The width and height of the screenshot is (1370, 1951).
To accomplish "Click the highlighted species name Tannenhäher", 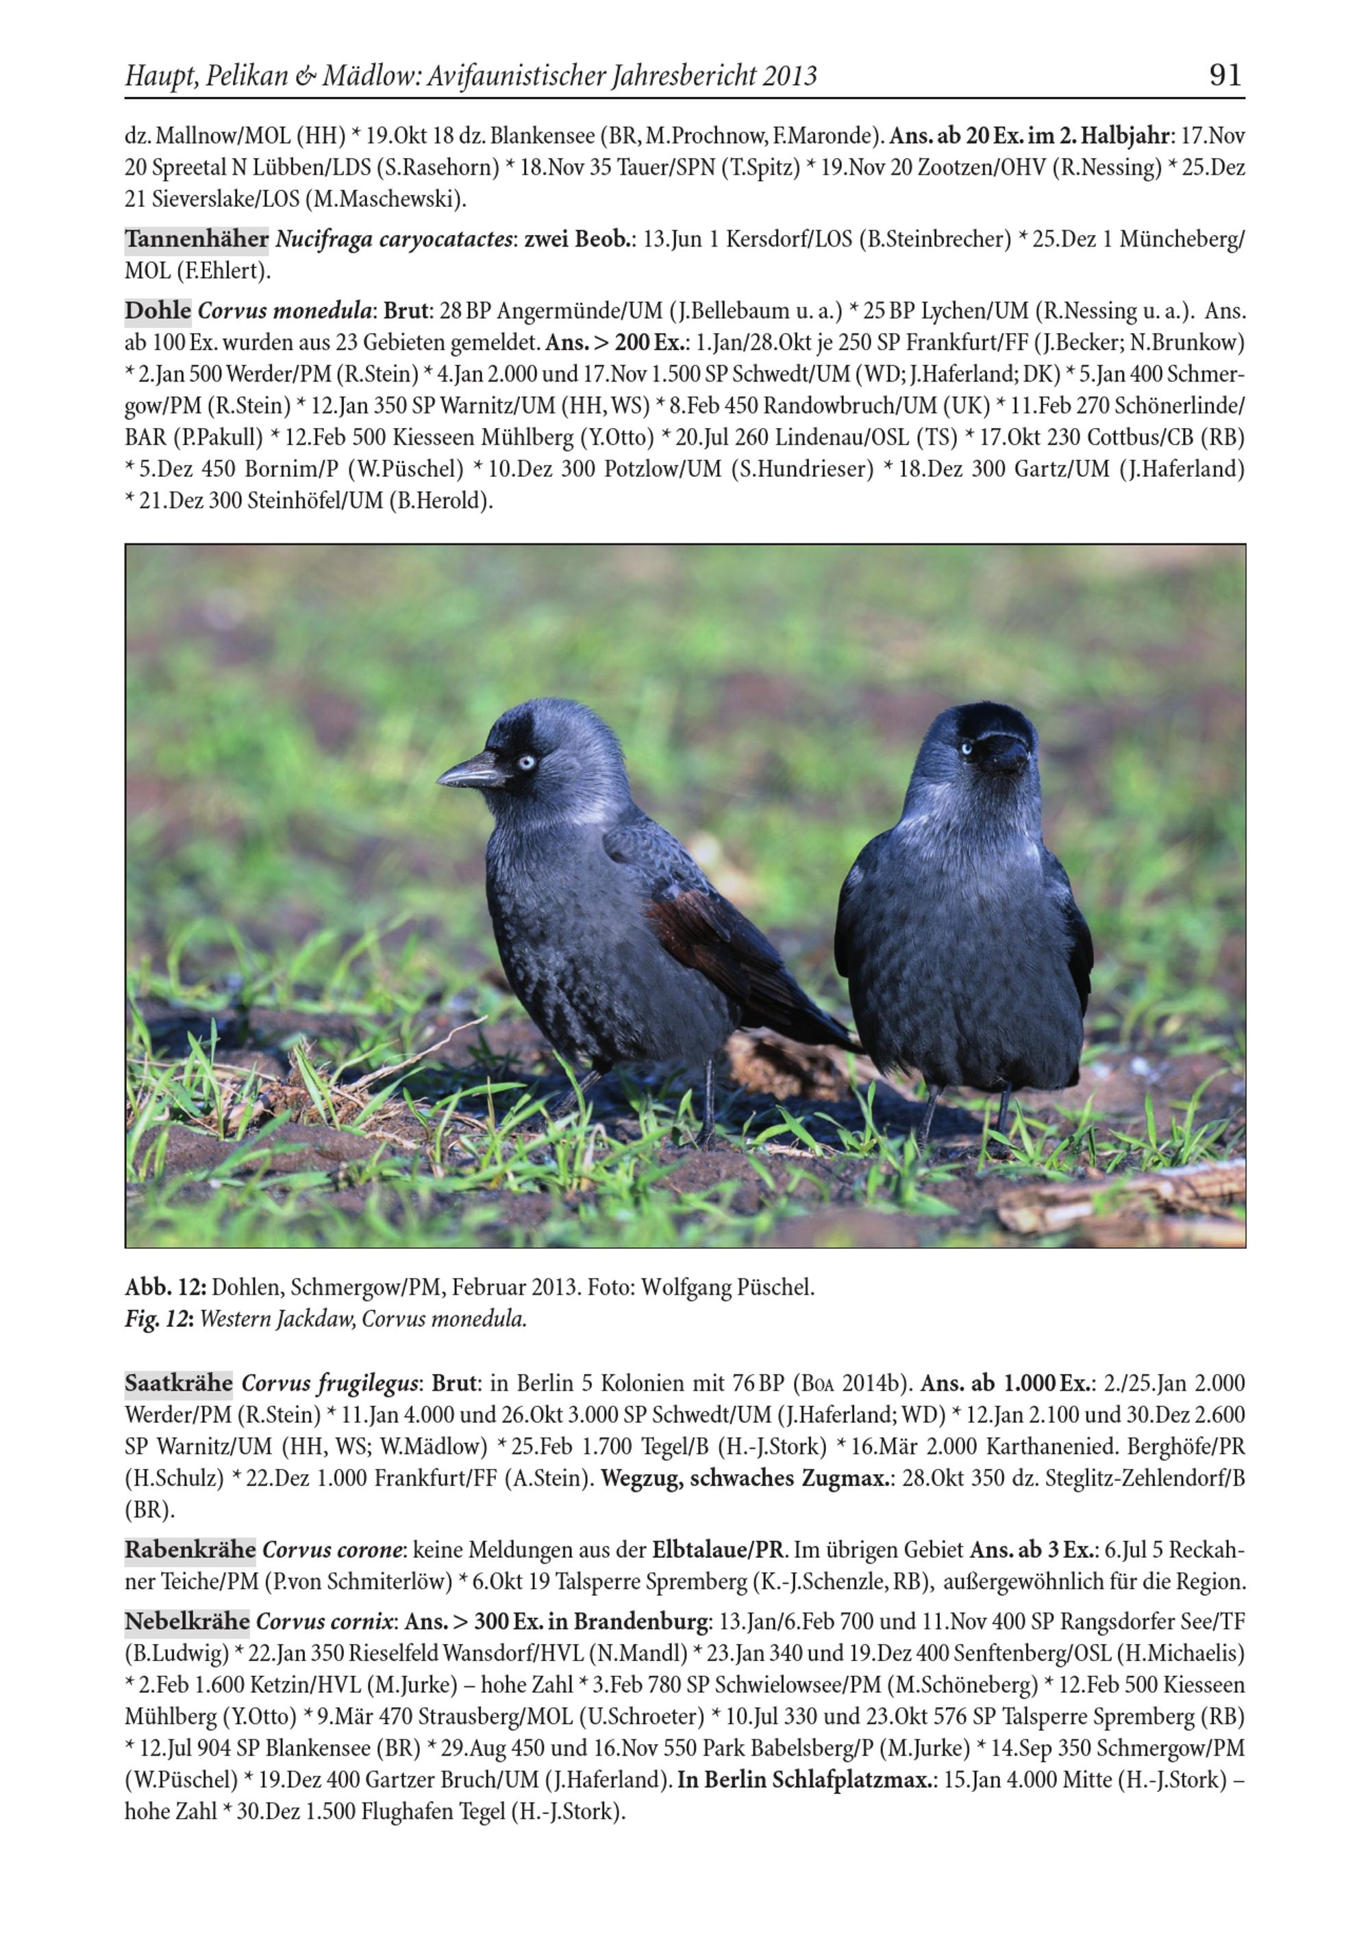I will point(197,240).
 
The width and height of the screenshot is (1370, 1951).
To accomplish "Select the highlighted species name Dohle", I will point(158,311).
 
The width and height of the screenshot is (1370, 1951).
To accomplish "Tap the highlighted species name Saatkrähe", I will point(179,1383).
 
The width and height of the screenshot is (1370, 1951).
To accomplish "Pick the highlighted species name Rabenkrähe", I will point(190,1549).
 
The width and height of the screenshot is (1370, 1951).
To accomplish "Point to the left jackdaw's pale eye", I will point(526,761).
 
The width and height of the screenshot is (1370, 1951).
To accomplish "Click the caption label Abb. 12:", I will point(166,1287).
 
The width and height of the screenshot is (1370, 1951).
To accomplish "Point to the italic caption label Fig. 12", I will point(158,1319).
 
